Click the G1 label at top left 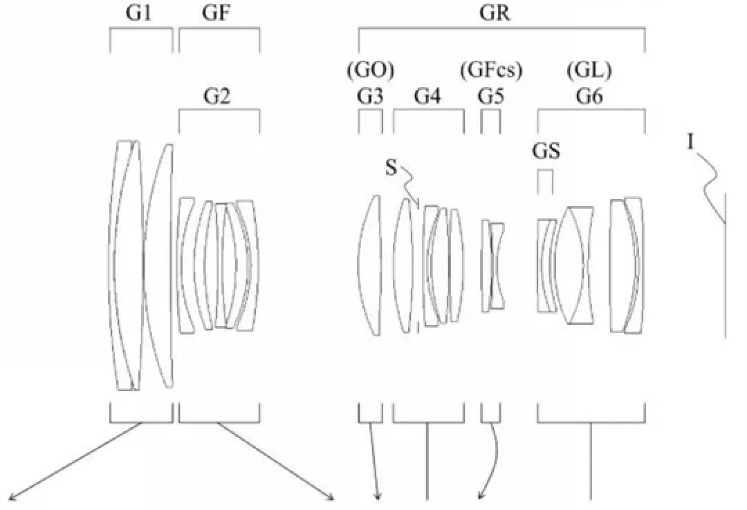[138, 13]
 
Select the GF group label [216, 13]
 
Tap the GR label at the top [495, 13]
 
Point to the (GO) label [370, 71]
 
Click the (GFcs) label [490, 71]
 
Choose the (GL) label [589, 71]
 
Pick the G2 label [216, 97]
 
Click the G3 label [370, 97]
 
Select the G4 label [427, 97]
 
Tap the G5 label [490, 97]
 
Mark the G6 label [589, 97]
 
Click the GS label [546, 152]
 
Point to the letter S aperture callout [390, 168]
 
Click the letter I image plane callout [691, 142]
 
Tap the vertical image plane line [725, 266]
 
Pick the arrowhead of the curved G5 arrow [481, 496]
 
